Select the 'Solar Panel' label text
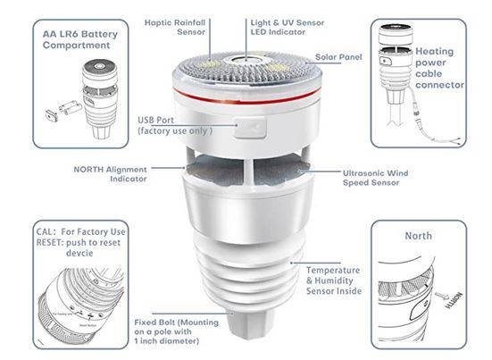click(338, 57)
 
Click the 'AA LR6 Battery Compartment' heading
click(79, 38)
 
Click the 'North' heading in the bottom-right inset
click(419, 236)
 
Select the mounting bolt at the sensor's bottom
click(244, 322)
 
